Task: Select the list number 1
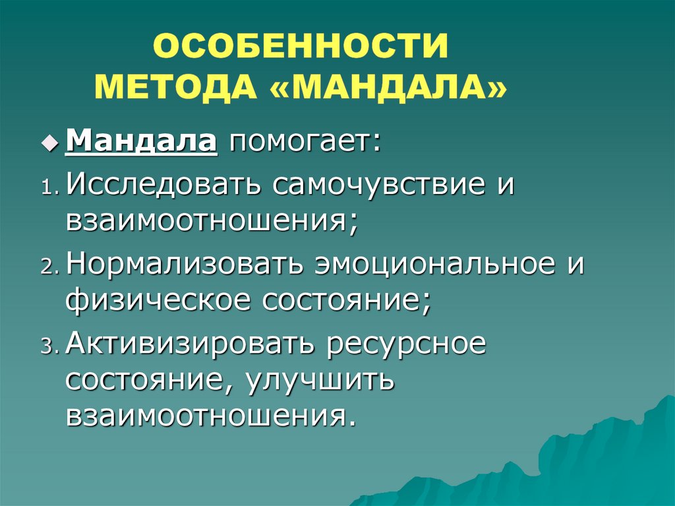tap(49, 189)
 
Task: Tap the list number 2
tap(49, 268)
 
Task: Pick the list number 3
tap(49, 347)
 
